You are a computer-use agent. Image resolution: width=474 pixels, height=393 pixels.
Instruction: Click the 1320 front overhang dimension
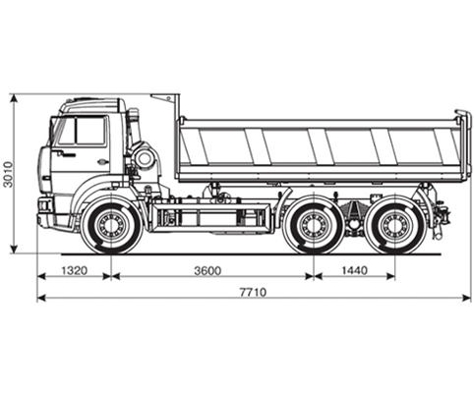(75, 270)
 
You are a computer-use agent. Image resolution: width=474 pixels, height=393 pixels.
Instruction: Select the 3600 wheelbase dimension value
(207, 270)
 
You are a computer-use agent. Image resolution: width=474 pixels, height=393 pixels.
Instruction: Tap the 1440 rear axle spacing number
(355, 270)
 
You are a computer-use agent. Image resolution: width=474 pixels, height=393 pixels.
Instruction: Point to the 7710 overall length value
(253, 292)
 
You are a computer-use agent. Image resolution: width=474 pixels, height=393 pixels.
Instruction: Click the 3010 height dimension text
(8, 174)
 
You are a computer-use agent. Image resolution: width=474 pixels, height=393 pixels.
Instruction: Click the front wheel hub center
(112, 225)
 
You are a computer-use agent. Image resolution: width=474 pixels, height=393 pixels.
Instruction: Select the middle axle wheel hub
(314, 226)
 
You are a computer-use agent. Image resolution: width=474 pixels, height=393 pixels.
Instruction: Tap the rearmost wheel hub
(394, 226)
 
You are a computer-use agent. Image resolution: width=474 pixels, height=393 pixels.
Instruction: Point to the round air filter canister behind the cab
(144, 159)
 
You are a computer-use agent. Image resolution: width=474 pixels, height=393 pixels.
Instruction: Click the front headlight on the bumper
(43, 205)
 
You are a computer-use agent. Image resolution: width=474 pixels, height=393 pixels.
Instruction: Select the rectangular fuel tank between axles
(210, 217)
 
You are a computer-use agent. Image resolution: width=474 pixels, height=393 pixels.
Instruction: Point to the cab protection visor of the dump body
(165, 98)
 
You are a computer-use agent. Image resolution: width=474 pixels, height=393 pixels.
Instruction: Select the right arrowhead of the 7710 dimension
(466, 298)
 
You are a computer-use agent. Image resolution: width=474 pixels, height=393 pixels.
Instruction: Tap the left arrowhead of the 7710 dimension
(41, 298)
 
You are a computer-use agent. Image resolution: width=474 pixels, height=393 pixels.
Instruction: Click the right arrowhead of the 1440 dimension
(390, 276)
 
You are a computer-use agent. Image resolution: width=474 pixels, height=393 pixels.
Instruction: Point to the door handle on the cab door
(102, 161)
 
